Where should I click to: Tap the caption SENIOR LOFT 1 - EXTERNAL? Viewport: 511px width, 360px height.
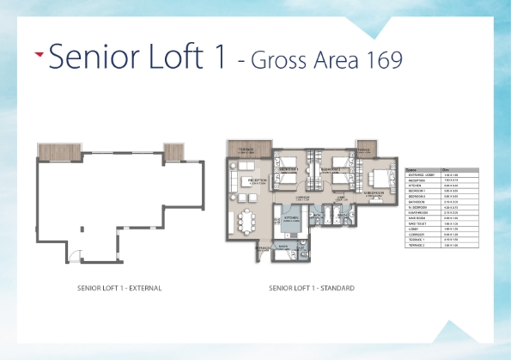pyautogui.click(x=118, y=287)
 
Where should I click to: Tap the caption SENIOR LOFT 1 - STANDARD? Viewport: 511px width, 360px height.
pyautogui.click(x=313, y=287)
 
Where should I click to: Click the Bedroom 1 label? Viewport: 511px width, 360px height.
pyautogui.click(x=289, y=169)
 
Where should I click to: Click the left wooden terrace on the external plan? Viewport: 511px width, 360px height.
pyautogui.click(x=58, y=151)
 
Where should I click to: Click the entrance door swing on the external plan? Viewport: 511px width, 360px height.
pyautogui.click(x=76, y=255)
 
